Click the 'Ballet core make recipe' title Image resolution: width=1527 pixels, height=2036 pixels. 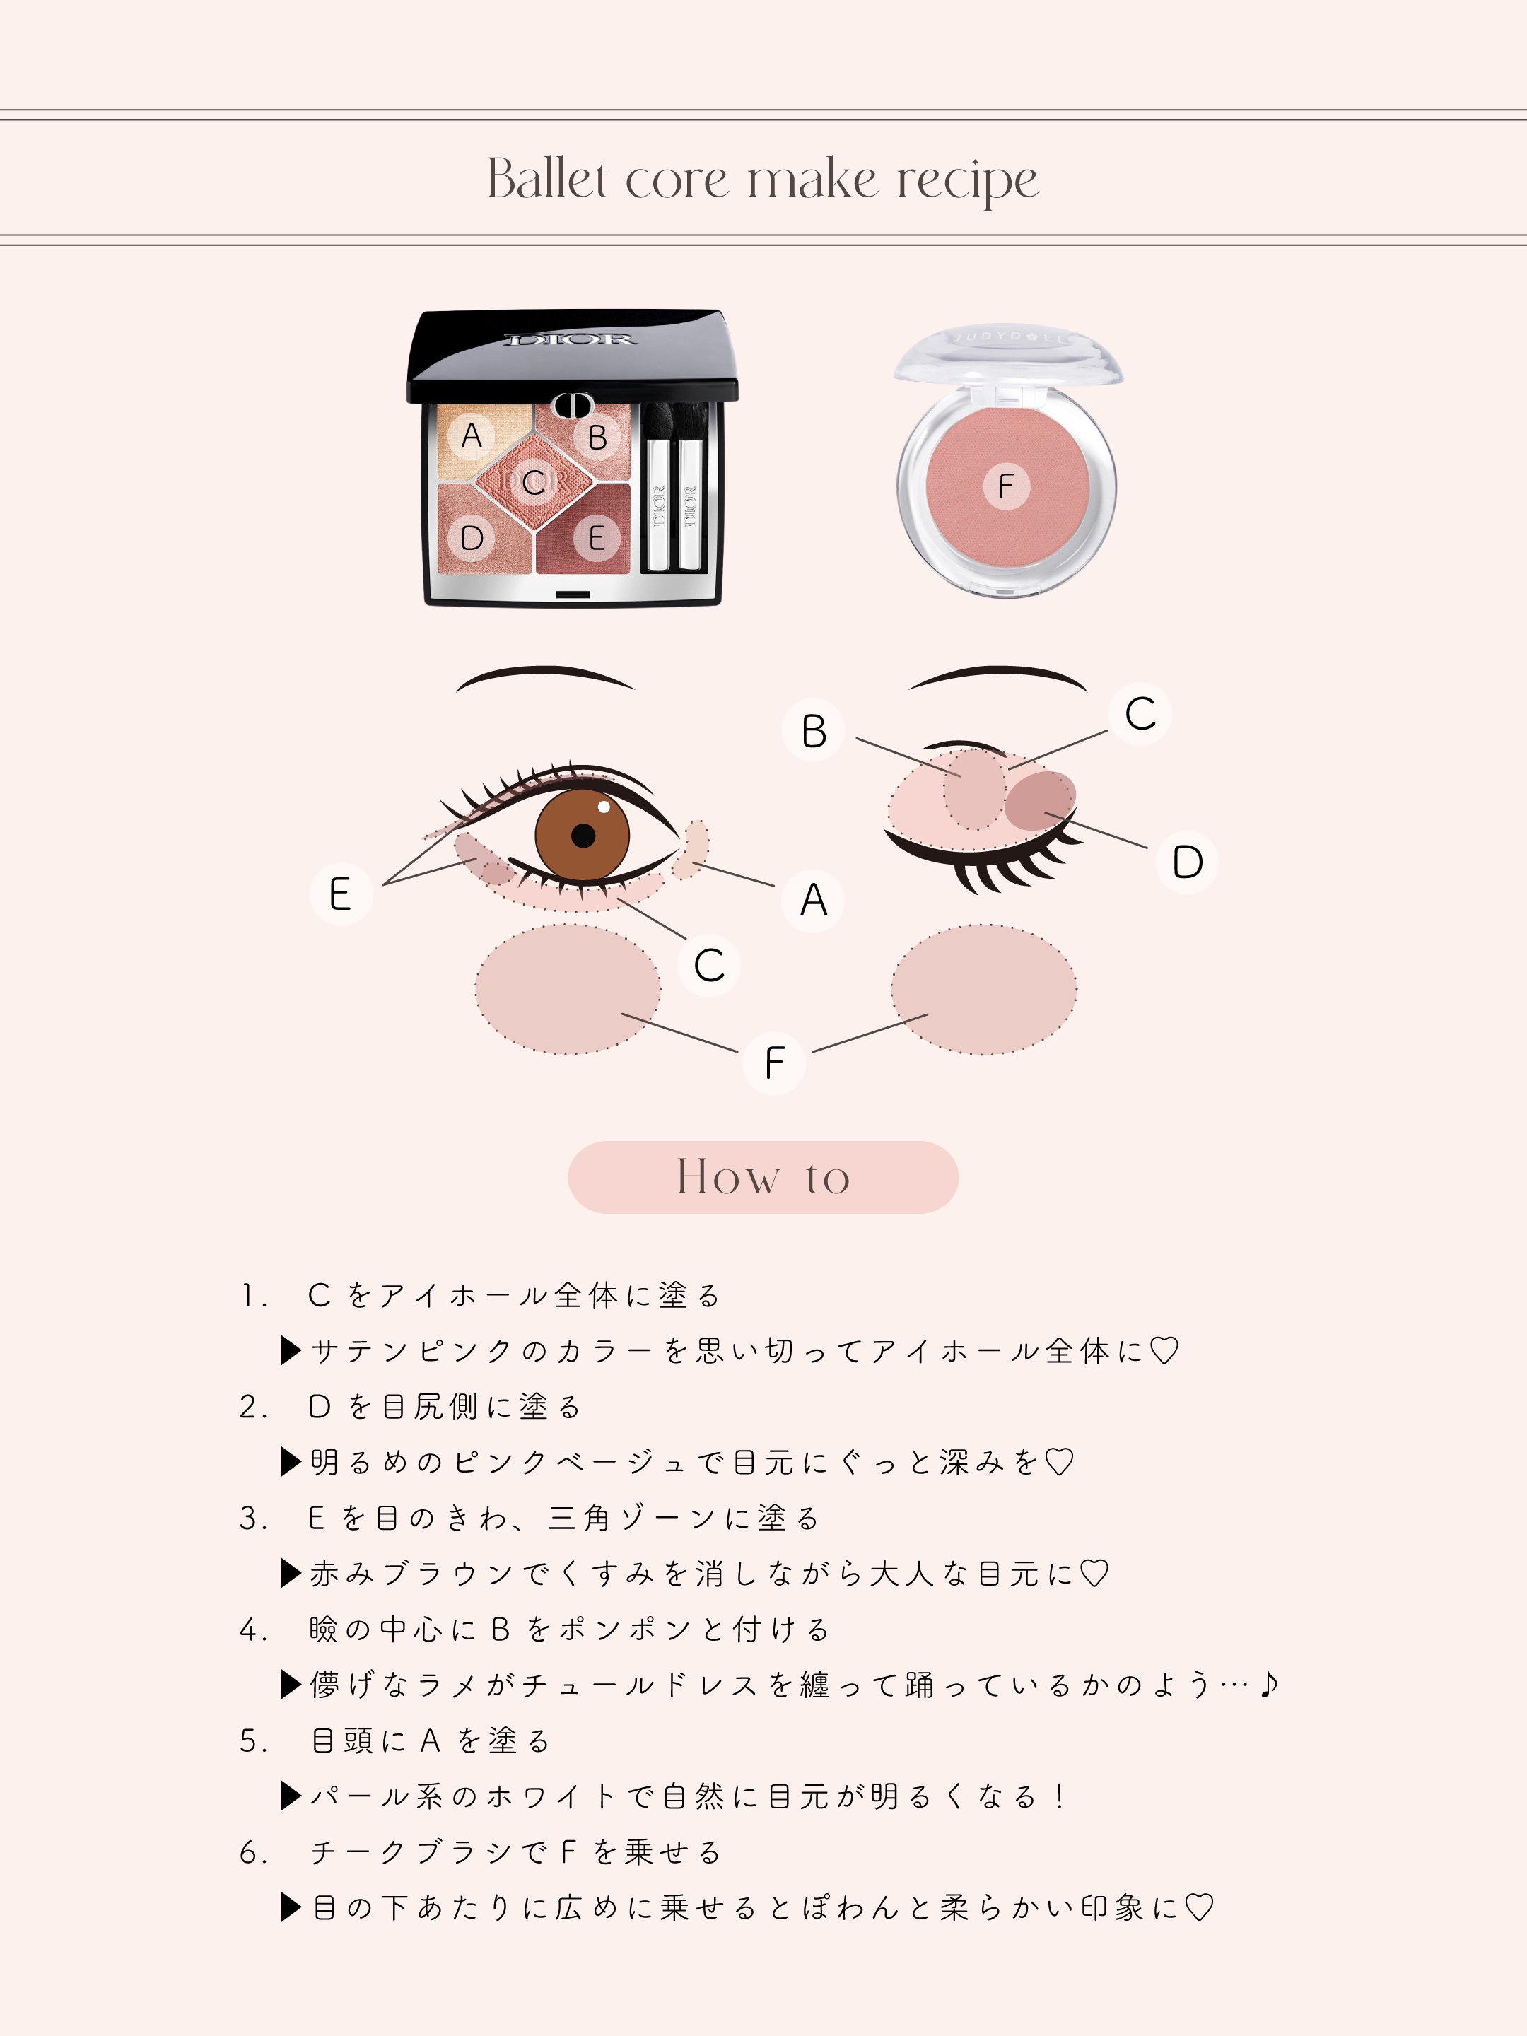click(x=763, y=180)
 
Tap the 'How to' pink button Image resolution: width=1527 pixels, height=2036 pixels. click(x=763, y=1177)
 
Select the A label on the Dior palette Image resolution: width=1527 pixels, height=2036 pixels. click(x=472, y=435)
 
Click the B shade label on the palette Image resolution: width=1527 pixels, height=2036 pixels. click(x=597, y=437)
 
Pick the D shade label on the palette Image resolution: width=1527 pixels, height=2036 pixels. click(x=472, y=537)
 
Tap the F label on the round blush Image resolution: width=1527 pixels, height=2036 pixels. click(x=1005, y=485)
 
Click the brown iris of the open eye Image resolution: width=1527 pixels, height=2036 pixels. click(x=582, y=835)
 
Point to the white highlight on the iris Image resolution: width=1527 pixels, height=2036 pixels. click(x=604, y=808)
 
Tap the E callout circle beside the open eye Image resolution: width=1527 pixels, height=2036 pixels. click(x=341, y=894)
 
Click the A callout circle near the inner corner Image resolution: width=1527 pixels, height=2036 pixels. click(x=813, y=900)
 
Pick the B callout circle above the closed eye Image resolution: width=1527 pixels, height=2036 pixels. click(x=814, y=731)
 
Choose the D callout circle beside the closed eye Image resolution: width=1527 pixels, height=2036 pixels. click(x=1188, y=862)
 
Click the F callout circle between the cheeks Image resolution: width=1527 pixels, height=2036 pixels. click(x=774, y=1063)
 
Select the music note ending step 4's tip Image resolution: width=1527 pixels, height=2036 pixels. click(x=1269, y=1683)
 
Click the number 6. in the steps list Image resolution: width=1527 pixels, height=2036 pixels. click(x=253, y=1852)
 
